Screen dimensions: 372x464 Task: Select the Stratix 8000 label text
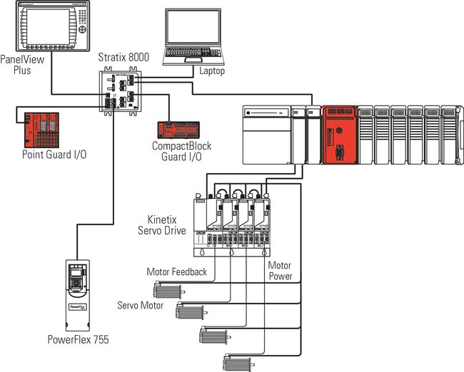click(123, 57)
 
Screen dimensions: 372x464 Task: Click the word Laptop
click(212, 71)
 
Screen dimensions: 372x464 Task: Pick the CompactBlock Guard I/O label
click(181, 152)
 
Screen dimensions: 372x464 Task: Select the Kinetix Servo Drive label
click(161, 224)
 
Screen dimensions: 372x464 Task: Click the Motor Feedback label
click(176, 272)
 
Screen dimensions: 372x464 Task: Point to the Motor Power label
click(279, 271)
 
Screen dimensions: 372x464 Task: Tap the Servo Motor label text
click(141, 305)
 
